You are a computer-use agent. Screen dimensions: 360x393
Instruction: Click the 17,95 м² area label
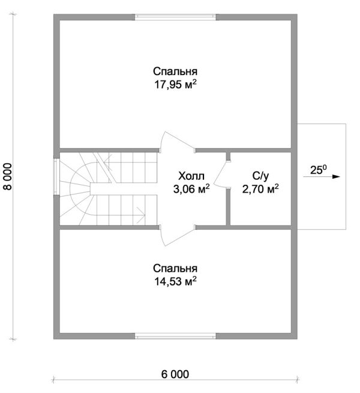pyautogui.click(x=175, y=85)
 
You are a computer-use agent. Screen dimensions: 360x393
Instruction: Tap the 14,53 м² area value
pyautogui.click(x=175, y=281)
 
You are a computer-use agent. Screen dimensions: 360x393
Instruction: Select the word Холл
pyautogui.click(x=191, y=176)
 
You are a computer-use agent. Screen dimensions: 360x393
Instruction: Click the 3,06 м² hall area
pyautogui.click(x=191, y=189)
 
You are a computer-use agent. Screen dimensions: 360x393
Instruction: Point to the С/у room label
pyautogui.click(x=260, y=176)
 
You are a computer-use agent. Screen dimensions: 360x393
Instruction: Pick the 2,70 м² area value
pyautogui.click(x=260, y=189)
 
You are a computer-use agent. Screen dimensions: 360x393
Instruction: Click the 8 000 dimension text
pyautogui.click(x=8, y=176)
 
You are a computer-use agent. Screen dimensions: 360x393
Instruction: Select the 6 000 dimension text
pyautogui.click(x=175, y=374)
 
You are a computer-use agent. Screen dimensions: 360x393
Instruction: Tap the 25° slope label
pyautogui.click(x=319, y=170)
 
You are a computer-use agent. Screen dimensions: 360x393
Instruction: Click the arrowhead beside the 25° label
pyautogui.click(x=336, y=176)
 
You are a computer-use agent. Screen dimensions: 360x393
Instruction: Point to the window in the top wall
pyautogui.click(x=175, y=17)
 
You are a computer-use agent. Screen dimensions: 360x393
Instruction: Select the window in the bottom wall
pyautogui.click(x=175, y=336)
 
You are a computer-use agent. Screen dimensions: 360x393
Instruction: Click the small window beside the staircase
pyautogui.click(x=56, y=176)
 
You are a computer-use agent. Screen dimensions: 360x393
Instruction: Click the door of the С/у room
pyautogui.click(x=221, y=174)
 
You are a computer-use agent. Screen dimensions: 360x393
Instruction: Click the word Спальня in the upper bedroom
pyautogui.click(x=175, y=71)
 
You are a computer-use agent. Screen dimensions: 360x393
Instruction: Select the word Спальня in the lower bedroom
pyautogui.click(x=175, y=268)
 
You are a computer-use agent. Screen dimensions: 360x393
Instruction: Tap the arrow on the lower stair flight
pyautogui.click(x=140, y=215)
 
